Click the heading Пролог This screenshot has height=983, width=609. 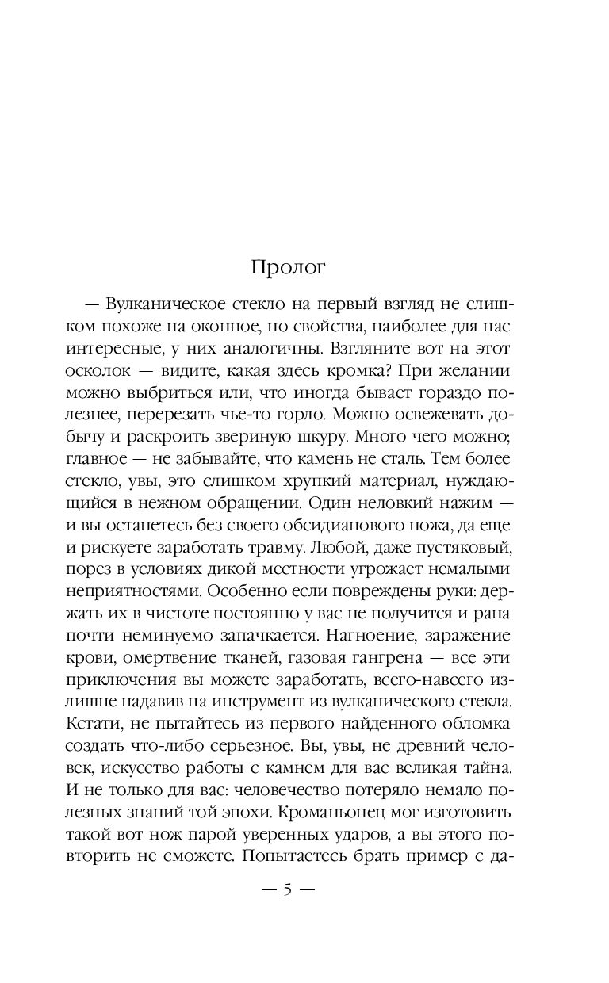coord(288,267)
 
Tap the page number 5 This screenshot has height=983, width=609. coord(288,889)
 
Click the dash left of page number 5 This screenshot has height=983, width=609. coord(268,889)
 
